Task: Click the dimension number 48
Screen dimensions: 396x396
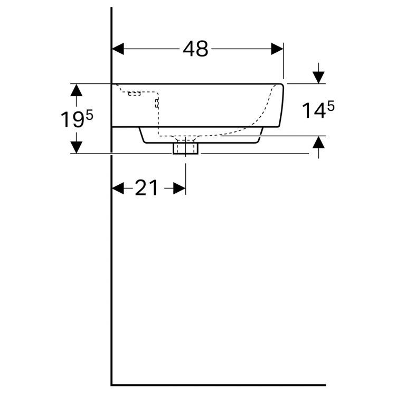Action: pos(196,49)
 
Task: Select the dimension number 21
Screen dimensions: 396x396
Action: pos(146,188)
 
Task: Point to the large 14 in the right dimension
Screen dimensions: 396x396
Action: pos(313,111)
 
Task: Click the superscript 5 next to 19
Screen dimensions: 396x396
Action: pos(89,115)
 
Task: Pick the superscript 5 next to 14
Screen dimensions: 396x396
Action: pos(331,106)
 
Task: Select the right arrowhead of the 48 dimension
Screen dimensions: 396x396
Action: pos(278,49)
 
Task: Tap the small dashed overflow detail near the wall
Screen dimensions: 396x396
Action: pos(135,94)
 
